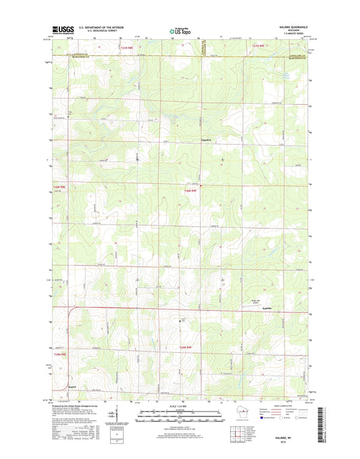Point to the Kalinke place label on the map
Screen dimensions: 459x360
click(x=267, y=309)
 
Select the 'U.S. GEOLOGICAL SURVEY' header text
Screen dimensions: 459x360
click(x=99, y=32)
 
